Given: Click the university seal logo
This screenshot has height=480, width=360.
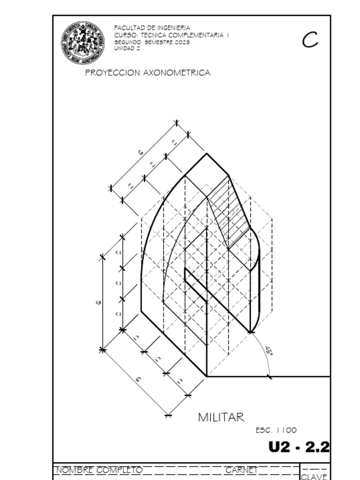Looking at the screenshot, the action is [82, 43].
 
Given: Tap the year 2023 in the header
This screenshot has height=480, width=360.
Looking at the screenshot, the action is [182, 42].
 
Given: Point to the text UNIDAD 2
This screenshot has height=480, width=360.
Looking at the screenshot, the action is [127, 48].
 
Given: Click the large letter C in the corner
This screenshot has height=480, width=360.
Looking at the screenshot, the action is [310, 40].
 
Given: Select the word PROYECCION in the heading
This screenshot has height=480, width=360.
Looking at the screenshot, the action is [112, 73].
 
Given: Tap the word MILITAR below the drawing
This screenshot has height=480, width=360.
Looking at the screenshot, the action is [221, 417].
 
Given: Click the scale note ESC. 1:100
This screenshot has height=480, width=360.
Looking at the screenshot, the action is [276, 430].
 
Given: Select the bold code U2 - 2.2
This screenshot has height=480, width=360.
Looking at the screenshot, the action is [299, 447].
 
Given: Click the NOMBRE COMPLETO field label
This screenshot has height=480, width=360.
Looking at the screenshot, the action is [99, 470].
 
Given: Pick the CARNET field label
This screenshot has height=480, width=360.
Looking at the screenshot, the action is [241, 470].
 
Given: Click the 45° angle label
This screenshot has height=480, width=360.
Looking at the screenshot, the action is [269, 351].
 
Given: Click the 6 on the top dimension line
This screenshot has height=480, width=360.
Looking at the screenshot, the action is [140, 152].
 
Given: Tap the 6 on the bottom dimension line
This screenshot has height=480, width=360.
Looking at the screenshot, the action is [138, 379].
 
